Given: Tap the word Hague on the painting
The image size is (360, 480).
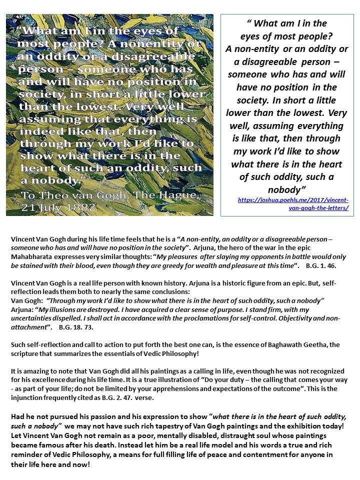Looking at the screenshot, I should point(167,193).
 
